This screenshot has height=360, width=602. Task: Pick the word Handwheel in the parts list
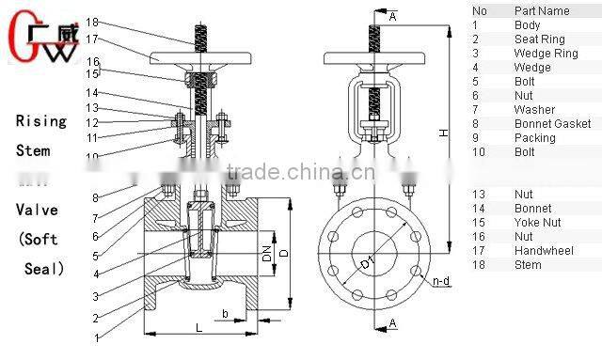pos(545,251)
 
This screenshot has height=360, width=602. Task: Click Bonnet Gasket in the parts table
pos(553,123)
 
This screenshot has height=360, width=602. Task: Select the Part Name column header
pos(542,11)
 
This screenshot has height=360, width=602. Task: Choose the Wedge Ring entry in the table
pos(545,53)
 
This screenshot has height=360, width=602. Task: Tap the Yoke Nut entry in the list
pos(539,223)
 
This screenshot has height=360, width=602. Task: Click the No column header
pos(479,11)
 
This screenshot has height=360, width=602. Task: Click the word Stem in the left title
pos(32,149)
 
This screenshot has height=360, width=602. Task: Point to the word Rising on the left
pos(40,121)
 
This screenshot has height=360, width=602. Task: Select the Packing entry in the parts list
pos(534,137)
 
